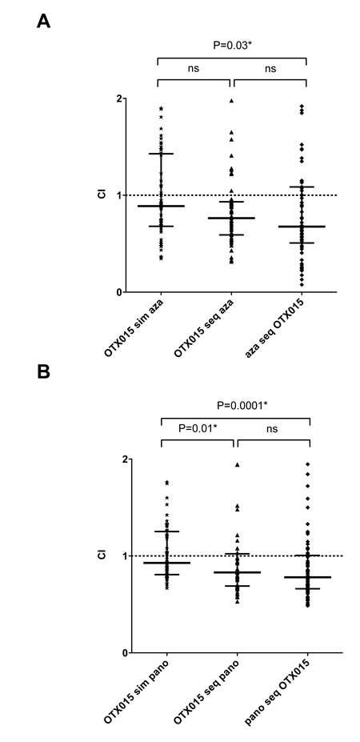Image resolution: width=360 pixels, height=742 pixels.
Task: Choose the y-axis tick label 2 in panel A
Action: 119,99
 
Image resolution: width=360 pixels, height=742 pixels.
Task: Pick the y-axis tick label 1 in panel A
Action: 119,195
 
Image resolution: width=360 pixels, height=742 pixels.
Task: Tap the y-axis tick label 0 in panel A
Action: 119,292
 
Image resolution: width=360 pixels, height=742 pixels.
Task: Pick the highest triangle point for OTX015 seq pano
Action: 237,465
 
